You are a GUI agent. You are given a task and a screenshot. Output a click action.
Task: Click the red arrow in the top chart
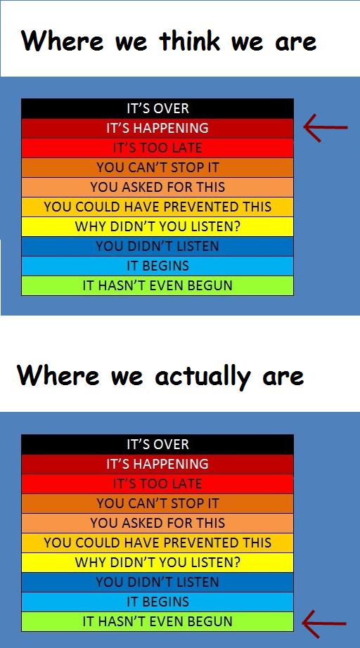pyautogui.click(x=326, y=127)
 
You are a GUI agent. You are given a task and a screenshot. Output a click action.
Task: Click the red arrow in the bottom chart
pyautogui.click(x=324, y=623)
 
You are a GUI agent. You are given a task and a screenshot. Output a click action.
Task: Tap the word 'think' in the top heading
pyautogui.click(x=189, y=41)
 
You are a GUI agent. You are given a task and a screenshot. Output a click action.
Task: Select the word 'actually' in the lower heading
pyautogui.click(x=202, y=377)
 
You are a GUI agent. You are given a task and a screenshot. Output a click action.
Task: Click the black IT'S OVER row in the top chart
pyautogui.click(x=157, y=109)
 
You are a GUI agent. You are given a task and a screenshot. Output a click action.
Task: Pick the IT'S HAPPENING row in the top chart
pyautogui.click(x=157, y=129)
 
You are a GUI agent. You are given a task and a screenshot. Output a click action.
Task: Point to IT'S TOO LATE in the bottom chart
pyautogui.click(x=157, y=484)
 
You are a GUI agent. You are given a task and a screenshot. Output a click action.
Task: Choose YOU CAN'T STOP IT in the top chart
pyautogui.click(x=157, y=168)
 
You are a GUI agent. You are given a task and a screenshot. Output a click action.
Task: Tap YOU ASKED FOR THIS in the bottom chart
pyautogui.click(x=157, y=523)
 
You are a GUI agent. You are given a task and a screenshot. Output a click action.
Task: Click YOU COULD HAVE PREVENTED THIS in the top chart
pyautogui.click(x=157, y=207)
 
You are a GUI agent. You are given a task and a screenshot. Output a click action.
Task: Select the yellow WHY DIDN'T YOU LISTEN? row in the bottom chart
pyautogui.click(x=157, y=562)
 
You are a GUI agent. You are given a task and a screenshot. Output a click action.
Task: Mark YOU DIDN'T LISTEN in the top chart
pyautogui.click(x=157, y=246)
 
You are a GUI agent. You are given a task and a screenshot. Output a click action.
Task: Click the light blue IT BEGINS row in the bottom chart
pyautogui.click(x=157, y=602)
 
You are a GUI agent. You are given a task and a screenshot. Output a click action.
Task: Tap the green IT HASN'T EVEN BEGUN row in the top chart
pyautogui.click(x=157, y=285)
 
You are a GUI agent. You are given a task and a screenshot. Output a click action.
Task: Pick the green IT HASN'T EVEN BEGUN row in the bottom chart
pyautogui.click(x=157, y=621)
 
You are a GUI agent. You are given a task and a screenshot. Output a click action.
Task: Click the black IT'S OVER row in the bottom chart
pyautogui.click(x=157, y=445)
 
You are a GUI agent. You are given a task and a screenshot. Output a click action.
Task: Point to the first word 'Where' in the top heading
pyautogui.click(x=63, y=41)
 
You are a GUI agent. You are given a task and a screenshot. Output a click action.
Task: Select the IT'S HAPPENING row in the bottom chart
pyautogui.click(x=157, y=464)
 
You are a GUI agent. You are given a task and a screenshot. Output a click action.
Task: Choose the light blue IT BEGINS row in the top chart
pyautogui.click(x=157, y=266)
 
